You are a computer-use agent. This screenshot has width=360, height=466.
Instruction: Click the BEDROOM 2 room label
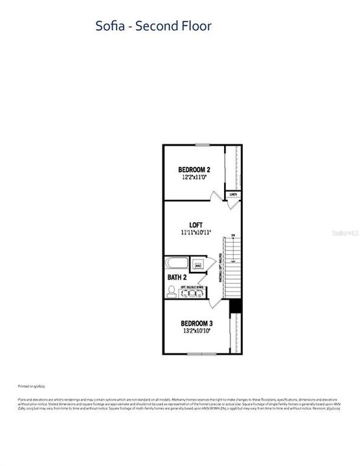[x=194, y=170]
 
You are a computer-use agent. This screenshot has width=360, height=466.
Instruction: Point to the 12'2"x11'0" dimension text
[x=194, y=178]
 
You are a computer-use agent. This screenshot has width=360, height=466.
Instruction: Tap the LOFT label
[x=196, y=224]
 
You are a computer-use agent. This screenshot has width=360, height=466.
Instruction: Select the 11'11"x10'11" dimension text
[x=196, y=232]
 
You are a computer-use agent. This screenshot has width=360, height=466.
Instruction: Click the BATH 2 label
[x=177, y=278]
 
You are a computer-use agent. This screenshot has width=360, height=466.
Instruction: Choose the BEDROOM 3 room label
[x=196, y=323]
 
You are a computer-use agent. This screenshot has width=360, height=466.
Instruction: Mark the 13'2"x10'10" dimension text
[x=196, y=331]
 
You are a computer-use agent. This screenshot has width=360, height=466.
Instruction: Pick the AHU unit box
[x=198, y=265]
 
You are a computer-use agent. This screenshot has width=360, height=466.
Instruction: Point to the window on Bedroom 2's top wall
[x=203, y=144]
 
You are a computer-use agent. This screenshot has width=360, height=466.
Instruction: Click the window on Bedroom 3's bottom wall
[x=197, y=353]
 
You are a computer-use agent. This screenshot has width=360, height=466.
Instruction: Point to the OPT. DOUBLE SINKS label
[x=192, y=285]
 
